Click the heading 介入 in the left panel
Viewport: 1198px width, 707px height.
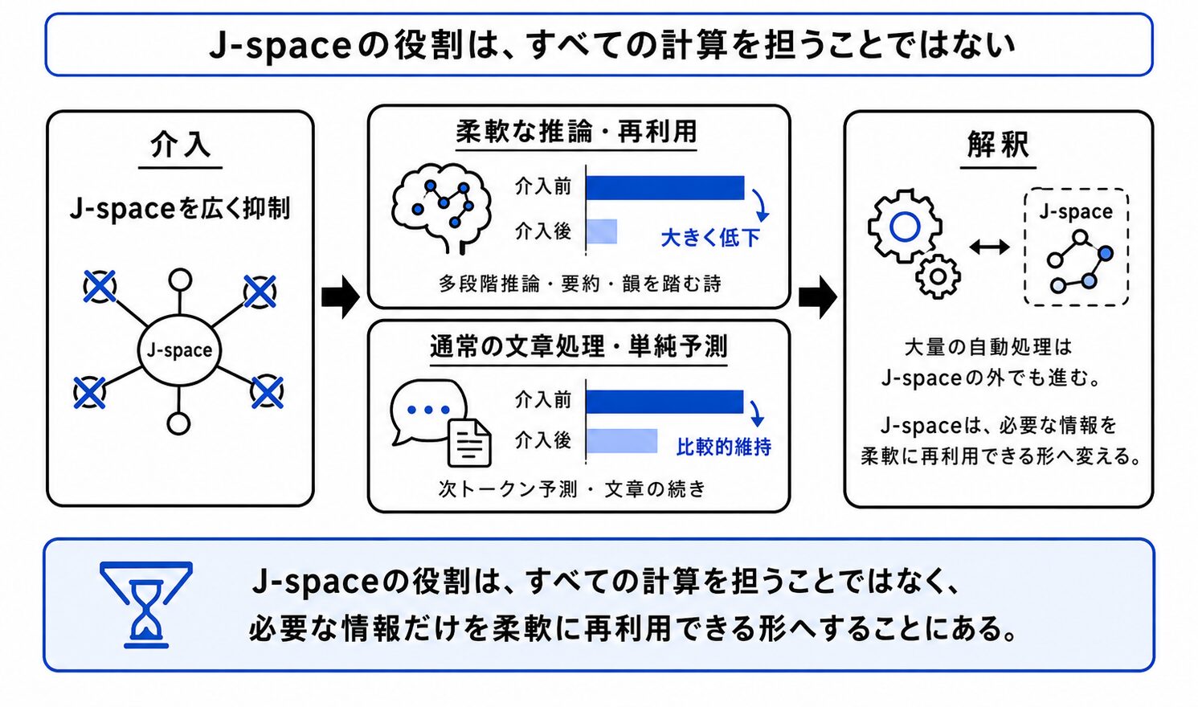coord(180,145)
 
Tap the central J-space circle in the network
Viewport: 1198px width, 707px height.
coord(179,349)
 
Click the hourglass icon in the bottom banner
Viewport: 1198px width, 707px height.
coord(146,604)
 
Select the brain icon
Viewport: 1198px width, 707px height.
coord(441,208)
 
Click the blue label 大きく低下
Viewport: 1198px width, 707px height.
coord(710,238)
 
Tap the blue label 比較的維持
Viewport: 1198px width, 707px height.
coord(724,447)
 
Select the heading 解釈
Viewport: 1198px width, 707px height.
coord(998,145)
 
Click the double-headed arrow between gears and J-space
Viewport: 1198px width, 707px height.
coord(989,247)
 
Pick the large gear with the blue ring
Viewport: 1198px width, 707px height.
coord(905,227)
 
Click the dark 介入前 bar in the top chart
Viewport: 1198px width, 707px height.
coord(665,188)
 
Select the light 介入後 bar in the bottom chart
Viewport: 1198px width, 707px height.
coord(622,441)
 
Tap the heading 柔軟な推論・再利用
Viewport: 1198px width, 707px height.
coord(577,132)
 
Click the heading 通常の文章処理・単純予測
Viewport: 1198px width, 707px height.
coord(579,346)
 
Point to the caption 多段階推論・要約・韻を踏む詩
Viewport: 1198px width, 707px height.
coord(580,284)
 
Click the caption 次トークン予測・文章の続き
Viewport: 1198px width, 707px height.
coord(572,488)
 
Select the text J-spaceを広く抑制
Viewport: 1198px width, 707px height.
coord(180,209)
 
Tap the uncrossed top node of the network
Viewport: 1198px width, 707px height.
coord(180,280)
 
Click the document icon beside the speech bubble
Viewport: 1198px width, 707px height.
coord(469,442)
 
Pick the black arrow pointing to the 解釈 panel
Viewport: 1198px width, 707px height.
coord(818,297)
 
